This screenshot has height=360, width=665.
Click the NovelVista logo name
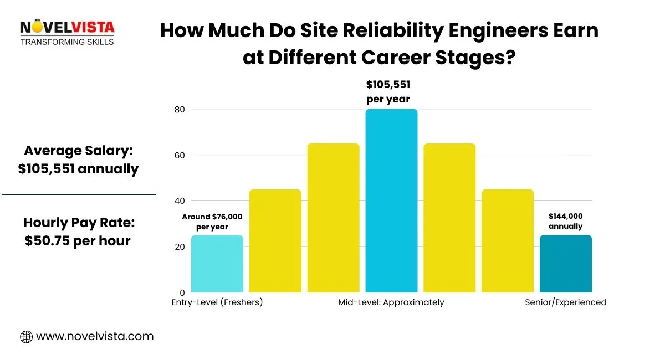pos(66,28)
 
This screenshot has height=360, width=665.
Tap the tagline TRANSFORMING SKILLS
pos(66,42)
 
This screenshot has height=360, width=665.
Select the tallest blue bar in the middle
pos(391,200)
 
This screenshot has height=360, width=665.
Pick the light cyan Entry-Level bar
pos(217,264)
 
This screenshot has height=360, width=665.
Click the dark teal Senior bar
pos(565,264)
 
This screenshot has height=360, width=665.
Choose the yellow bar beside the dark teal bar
pos(508,241)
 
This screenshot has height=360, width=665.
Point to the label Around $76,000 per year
pos(212,222)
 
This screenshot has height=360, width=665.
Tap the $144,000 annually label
pos(565,222)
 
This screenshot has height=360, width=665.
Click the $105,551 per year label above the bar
pos(388,92)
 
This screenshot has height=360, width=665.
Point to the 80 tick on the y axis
pos(179,110)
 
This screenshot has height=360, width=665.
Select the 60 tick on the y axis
pos(179,155)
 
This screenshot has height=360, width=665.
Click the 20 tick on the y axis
pos(179,246)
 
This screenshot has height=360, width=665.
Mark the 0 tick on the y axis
pos(181,292)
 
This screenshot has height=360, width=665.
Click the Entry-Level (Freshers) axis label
pos(217,302)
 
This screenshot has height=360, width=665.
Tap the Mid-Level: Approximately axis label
pos(391,302)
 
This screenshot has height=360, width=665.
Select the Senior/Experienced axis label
pos(565,302)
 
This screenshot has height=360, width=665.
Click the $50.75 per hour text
pos(78,241)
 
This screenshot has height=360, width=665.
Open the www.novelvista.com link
pos(94,336)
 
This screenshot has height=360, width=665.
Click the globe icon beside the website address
pos(26,336)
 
